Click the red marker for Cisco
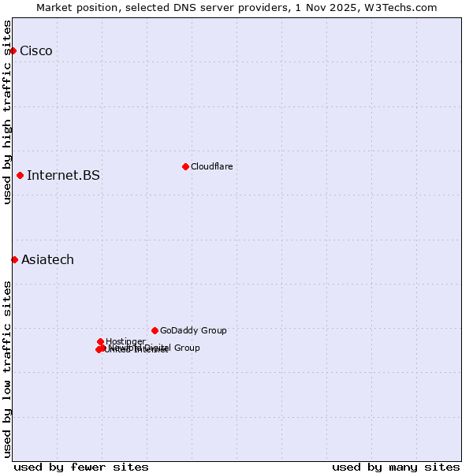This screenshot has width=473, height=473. tap(13, 50)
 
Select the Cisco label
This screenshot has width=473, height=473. tap(36, 51)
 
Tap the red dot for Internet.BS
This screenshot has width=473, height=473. tap(20, 175)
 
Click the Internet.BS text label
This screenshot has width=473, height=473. tap(63, 175)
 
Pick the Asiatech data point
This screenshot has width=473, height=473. tap(14, 259)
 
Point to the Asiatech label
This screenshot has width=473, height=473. tap(47, 259)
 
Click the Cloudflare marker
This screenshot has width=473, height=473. tap(185, 166)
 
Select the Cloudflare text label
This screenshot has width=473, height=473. tap(211, 166)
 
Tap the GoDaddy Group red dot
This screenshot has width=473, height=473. tap(155, 330)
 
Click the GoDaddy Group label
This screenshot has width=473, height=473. tap(193, 330)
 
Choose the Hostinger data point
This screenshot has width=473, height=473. tap(100, 341)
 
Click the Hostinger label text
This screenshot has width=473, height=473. tap(125, 341)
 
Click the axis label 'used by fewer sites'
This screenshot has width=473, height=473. tap(81, 467)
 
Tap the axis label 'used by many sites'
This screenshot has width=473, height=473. tap(396, 467)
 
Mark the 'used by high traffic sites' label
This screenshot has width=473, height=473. tap(7, 112)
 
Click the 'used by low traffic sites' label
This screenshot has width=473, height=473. tap(7, 369)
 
